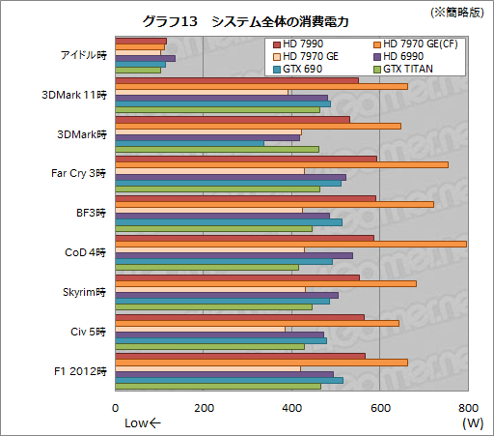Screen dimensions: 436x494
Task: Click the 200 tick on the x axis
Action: click(204, 407)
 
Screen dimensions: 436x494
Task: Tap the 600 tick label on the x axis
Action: click(379, 407)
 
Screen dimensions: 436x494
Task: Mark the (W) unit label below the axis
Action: click(473, 422)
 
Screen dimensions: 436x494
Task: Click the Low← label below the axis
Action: click(144, 422)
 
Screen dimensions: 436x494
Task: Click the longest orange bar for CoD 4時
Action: click(290, 245)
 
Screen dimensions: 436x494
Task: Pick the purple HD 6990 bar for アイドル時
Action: click(145, 59)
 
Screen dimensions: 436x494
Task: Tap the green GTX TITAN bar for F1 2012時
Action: click(217, 387)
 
